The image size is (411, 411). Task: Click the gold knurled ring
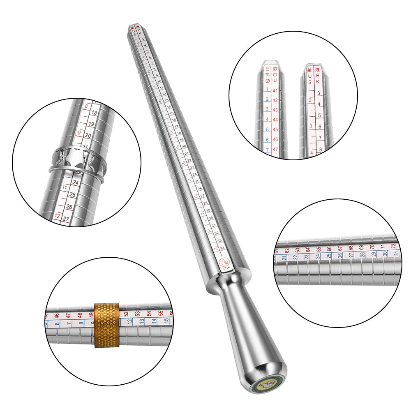tap(106, 325)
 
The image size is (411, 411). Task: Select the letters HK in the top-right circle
tap(317, 76)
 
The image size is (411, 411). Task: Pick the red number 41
tap(275, 90)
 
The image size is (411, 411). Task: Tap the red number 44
tap(275, 120)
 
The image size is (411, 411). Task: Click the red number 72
tap(393, 246)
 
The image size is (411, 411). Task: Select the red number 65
tap(319, 249)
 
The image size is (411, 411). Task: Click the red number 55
tap(160, 313)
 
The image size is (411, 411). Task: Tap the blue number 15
tap(166, 320)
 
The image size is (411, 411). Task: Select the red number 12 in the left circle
tap(57, 216)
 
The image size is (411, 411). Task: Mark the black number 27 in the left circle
tap(66, 219)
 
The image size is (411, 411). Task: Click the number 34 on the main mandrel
tap(222, 248)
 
